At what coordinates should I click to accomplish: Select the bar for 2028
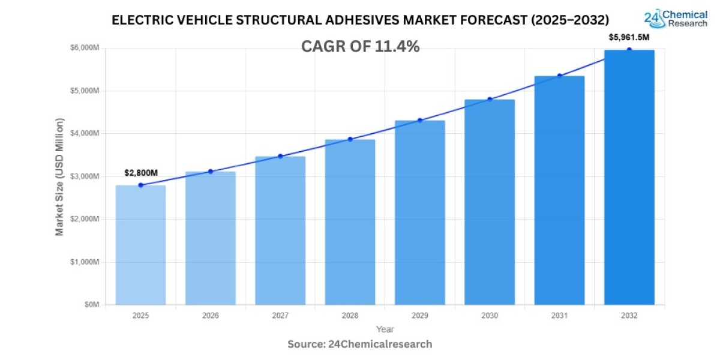point(350,222)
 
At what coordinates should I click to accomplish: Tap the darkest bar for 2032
point(629,177)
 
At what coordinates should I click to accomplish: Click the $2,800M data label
point(141,173)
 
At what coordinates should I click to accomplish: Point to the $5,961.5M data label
point(629,37)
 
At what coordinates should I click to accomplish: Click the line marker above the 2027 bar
point(280,156)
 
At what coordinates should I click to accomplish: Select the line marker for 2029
point(420,121)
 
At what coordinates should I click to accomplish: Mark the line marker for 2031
point(559,76)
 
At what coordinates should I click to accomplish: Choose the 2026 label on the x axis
point(210,316)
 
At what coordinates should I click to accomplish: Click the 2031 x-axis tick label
point(559,316)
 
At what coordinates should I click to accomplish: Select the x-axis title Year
point(385,329)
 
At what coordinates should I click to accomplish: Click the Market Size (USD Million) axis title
point(59,176)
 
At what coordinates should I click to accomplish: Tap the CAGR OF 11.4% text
point(360,47)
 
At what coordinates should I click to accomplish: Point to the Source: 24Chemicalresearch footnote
point(360,344)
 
